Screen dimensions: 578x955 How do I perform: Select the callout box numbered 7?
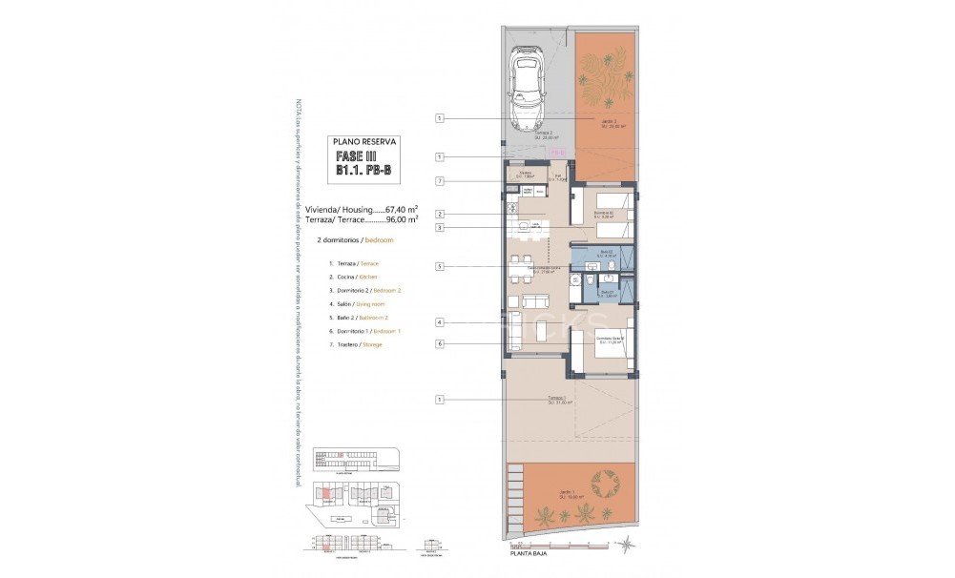pyautogui.click(x=440, y=181)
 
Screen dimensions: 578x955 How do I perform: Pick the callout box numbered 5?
pyautogui.click(x=440, y=267)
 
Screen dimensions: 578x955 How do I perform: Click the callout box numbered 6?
pyautogui.click(x=440, y=343)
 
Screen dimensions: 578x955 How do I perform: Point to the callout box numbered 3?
pyautogui.click(x=440, y=228)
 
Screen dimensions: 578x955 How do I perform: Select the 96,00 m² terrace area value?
pyautogui.click(x=402, y=218)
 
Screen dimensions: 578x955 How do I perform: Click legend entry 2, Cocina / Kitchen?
pyautogui.click(x=354, y=277)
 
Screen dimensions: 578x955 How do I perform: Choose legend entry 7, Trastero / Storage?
pyautogui.click(x=355, y=344)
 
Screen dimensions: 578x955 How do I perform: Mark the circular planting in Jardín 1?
pyautogui.click(x=605, y=485)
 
